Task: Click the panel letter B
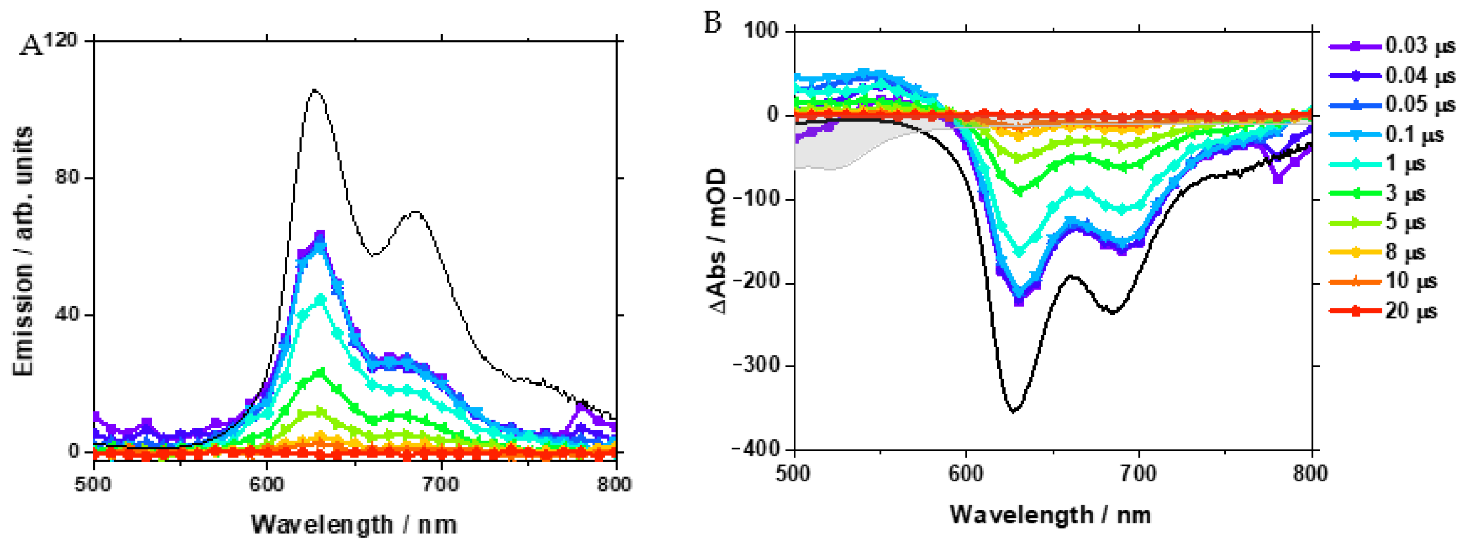[x=713, y=23]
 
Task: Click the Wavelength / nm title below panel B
[x=1050, y=515]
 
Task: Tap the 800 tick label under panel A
[x=614, y=485]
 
